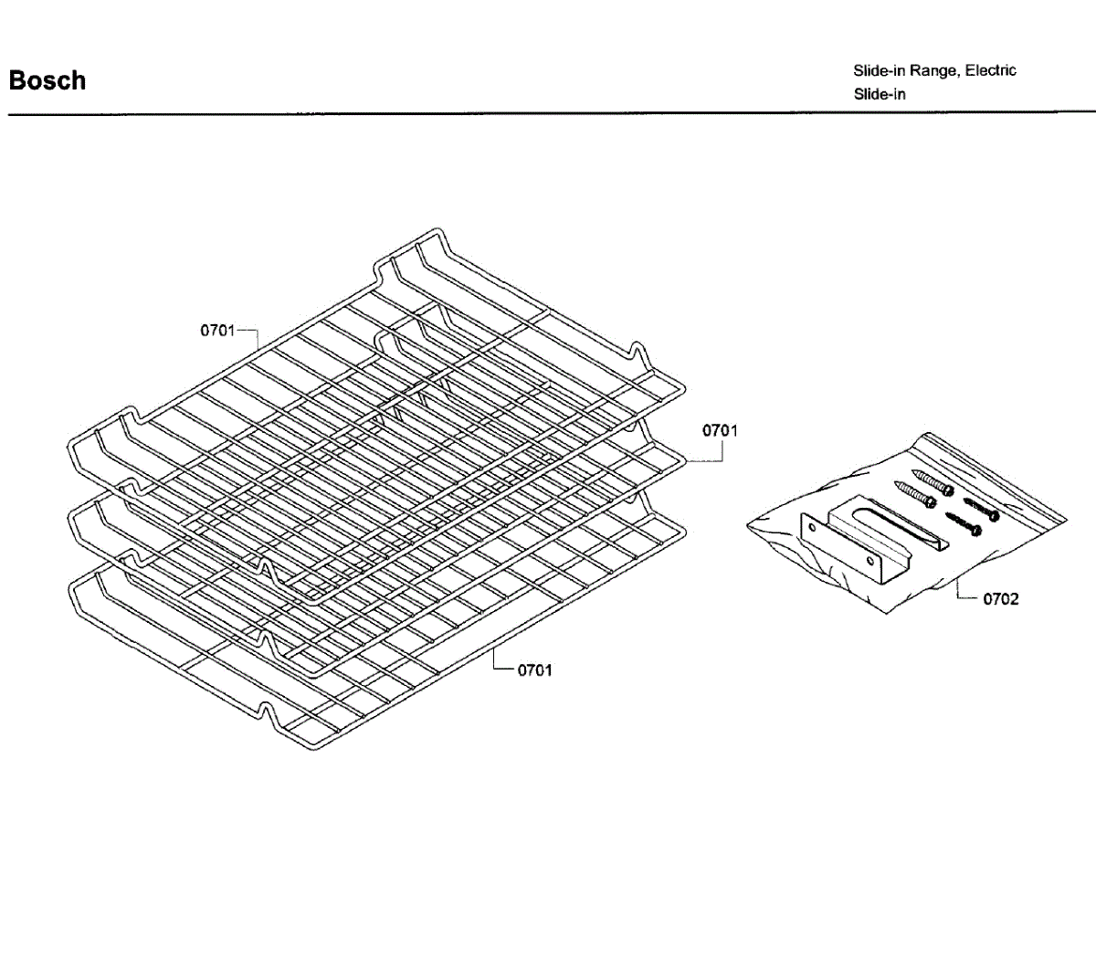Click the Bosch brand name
tap(47, 80)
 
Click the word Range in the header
tap(930, 70)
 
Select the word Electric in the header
tap(991, 70)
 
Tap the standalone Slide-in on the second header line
tap(880, 94)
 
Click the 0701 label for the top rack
tap(218, 331)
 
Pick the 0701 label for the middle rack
tap(720, 430)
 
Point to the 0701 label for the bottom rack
tap(535, 670)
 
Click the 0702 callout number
tap(1001, 599)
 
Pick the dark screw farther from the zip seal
tap(964, 523)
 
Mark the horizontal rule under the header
tap(548, 114)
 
